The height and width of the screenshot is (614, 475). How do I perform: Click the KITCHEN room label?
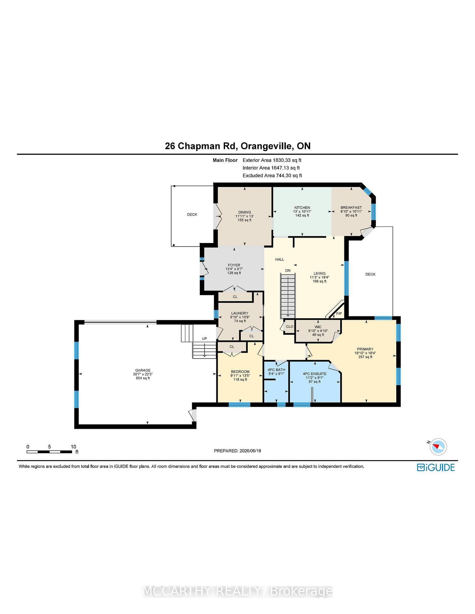[302, 208]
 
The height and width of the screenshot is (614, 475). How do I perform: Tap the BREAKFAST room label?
[351, 208]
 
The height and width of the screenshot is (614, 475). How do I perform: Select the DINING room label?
[245, 212]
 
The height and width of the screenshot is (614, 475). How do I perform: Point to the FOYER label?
[234, 265]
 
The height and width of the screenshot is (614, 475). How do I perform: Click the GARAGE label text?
[143, 370]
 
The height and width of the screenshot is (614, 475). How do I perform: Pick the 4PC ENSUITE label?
[315, 374]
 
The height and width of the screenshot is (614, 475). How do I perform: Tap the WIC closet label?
[318, 327]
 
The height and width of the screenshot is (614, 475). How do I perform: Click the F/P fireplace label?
[339, 313]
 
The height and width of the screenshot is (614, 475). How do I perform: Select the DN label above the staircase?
[288, 270]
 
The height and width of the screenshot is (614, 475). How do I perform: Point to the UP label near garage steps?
[204, 338]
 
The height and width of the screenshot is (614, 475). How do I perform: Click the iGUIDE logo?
[436, 467]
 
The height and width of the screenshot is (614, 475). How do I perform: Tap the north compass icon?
[438, 446]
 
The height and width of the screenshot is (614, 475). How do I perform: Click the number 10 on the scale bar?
[73, 447]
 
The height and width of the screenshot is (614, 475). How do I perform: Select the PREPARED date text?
[237, 451]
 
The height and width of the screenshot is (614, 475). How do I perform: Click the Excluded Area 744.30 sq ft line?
[272, 175]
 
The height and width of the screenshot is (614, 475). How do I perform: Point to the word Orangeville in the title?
[267, 146]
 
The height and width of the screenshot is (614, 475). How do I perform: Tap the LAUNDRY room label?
[240, 313]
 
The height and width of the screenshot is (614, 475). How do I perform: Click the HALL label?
[280, 259]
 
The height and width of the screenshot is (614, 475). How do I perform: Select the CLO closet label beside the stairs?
[289, 327]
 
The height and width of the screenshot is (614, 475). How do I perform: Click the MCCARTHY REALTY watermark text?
[237, 591]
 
